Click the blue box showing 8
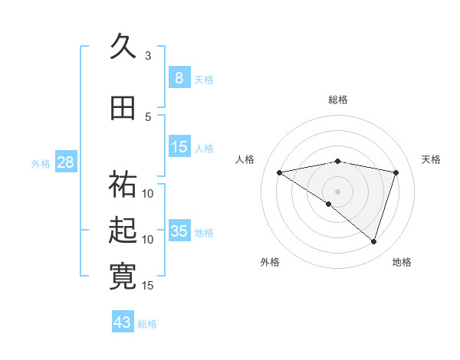(x=179, y=78)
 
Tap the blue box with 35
(x=179, y=231)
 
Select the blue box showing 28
(x=65, y=162)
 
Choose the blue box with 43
(x=123, y=322)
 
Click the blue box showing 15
(x=179, y=147)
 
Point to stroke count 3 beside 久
(x=148, y=56)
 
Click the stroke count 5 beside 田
(x=148, y=116)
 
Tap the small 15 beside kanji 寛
(x=148, y=286)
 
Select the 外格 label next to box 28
(x=41, y=163)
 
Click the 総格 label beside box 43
(x=147, y=324)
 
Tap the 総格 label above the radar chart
(x=337, y=100)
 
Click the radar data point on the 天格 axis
(x=396, y=172)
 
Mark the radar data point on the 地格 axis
(x=373, y=241)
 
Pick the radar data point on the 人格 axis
(x=280, y=172)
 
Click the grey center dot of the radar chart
(x=337, y=191)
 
